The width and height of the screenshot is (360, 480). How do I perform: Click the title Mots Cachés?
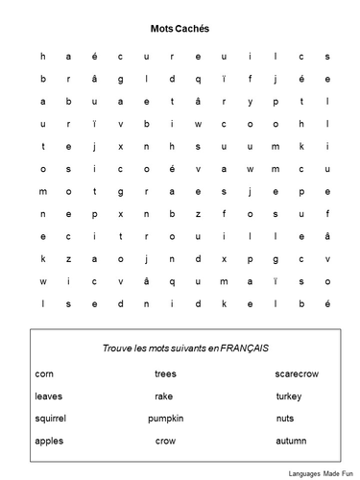[180, 30]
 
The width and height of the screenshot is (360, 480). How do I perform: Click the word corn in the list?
[44, 372]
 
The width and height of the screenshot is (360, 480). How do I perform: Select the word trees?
[165, 372]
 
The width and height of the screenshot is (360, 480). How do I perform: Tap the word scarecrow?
[296, 372]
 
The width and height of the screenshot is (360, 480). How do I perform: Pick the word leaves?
[48, 396]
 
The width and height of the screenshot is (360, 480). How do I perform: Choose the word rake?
[163, 396]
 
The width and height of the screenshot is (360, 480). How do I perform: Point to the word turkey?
[289, 396]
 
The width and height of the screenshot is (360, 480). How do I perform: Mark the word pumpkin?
[165, 419]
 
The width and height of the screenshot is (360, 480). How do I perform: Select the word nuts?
[284, 419]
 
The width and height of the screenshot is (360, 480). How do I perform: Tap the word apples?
[48, 441]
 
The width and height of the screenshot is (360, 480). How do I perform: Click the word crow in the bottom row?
[165, 441]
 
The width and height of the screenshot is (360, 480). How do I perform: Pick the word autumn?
[290, 441]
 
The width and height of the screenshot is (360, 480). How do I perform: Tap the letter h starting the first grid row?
[42, 57]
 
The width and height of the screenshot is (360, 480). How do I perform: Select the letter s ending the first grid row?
[327, 57]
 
